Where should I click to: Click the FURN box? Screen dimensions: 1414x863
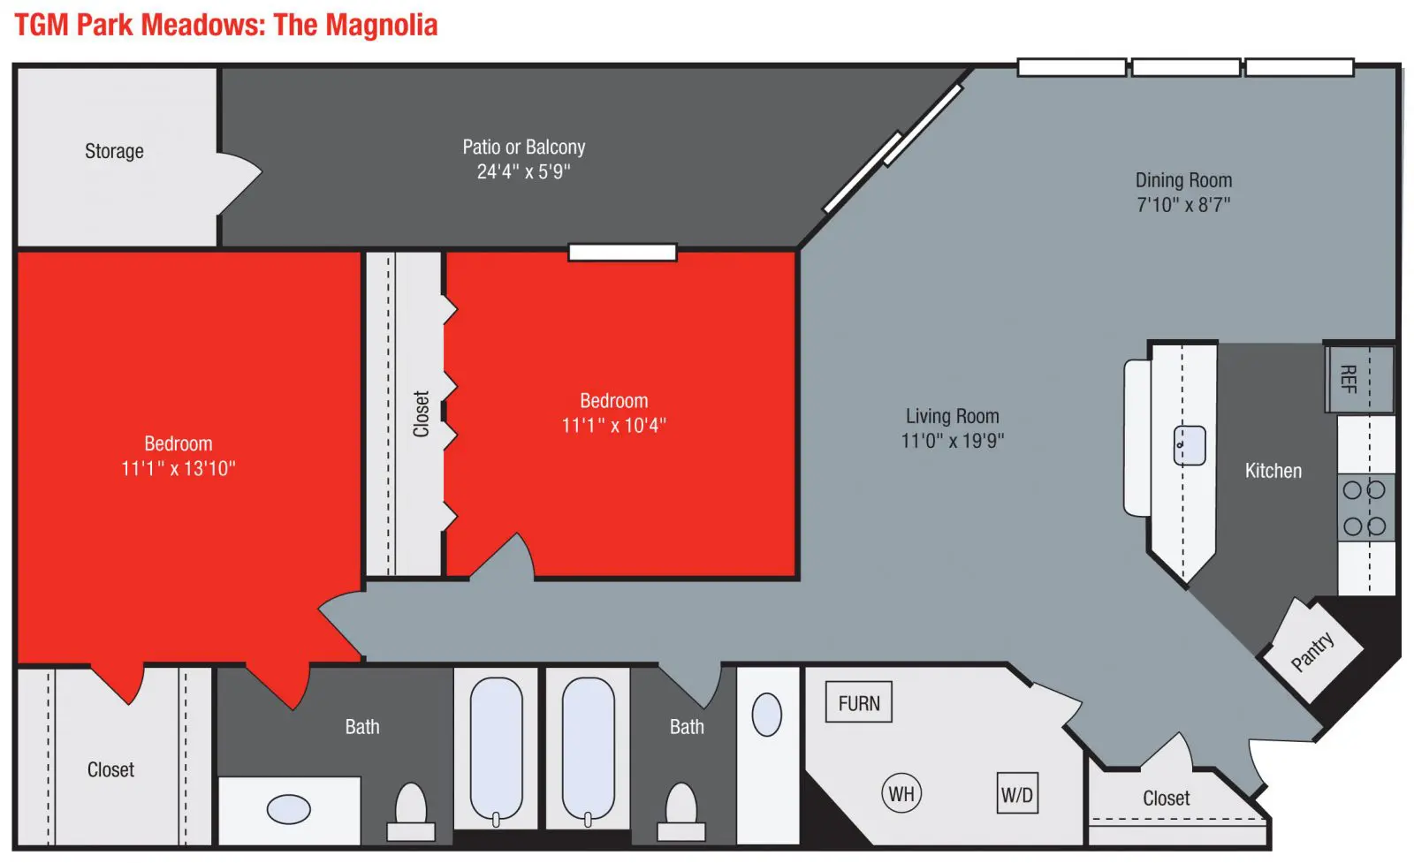(x=858, y=701)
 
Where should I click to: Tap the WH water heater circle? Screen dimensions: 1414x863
(x=901, y=793)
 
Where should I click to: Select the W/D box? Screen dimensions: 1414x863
(x=1017, y=793)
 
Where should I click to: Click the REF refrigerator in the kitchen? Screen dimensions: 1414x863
(x=1360, y=379)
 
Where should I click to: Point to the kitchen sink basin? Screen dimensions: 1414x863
(x=1190, y=445)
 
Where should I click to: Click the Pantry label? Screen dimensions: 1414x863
(x=1312, y=650)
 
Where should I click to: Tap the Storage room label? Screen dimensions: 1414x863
(x=114, y=151)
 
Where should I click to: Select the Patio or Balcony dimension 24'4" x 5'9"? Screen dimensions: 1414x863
(x=523, y=171)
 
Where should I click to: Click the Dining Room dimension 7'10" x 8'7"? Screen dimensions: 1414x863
(x=1183, y=204)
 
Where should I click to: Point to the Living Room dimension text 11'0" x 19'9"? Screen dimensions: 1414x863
(x=952, y=440)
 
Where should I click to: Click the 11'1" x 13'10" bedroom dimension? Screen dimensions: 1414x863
(x=178, y=468)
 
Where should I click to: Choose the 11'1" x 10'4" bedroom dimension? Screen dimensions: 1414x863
(x=613, y=425)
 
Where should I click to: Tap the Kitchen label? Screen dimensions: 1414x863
(x=1273, y=471)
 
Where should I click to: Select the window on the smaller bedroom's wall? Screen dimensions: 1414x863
(x=622, y=253)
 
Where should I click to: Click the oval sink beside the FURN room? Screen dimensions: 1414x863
(x=767, y=715)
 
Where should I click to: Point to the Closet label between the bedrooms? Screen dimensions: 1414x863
(x=421, y=414)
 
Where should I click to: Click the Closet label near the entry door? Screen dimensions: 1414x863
(x=1166, y=799)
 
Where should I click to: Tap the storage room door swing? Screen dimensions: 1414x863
(x=239, y=183)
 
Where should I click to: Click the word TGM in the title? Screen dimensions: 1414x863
(x=42, y=26)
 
